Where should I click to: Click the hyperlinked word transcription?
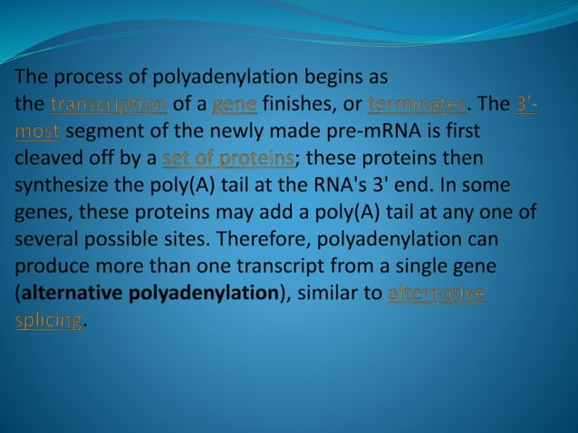coord(109,104)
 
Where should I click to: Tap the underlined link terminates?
coord(418,104)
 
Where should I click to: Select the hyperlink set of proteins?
coord(228,159)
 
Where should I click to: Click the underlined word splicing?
coord(49,321)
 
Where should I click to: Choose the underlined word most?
coord(37,131)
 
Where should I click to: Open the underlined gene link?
coord(235,104)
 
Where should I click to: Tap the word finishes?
coord(301,104)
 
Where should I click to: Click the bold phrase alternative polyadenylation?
coord(150,293)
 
